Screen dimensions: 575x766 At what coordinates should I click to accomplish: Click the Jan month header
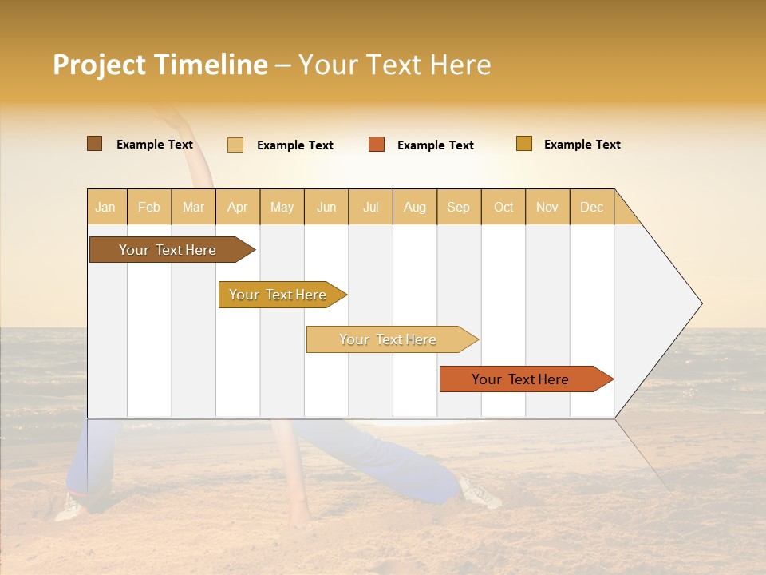click(106, 207)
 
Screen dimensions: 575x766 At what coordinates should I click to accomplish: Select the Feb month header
click(149, 207)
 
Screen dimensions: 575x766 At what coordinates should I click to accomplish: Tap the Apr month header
click(238, 207)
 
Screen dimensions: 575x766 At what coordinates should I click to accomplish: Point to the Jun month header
click(326, 207)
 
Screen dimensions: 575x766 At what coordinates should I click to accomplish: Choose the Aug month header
click(415, 207)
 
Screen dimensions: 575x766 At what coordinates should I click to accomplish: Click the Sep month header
click(459, 207)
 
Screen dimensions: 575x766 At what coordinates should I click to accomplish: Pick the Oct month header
click(503, 207)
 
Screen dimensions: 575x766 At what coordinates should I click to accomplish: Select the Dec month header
click(592, 207)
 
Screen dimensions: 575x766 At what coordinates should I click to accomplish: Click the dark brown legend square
click(94, 144)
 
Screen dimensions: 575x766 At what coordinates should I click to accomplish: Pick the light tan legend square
click(235, 145)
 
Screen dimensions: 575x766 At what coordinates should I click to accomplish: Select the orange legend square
click(377, 145)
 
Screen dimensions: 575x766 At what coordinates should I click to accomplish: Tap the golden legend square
click(523, 144)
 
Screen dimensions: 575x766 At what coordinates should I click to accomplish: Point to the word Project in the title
click(99, 65)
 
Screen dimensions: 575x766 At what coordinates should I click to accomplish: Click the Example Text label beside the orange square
click(436, 145)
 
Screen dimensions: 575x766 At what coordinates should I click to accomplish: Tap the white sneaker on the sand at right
click(480, 494)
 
